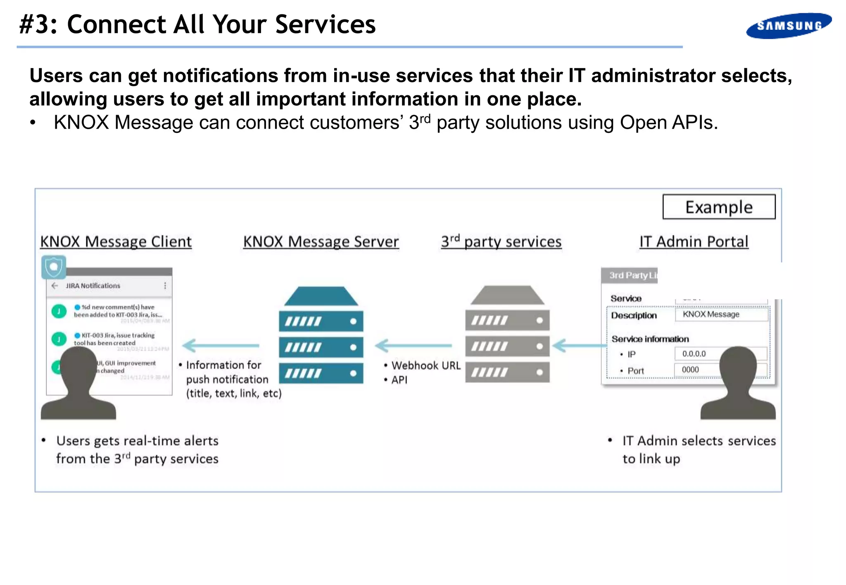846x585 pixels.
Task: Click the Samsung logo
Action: click(789, 26)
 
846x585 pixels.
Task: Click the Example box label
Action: click(719, 207)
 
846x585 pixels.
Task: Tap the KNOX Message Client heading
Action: click(116, 241)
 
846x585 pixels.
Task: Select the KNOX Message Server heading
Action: click(321, 241)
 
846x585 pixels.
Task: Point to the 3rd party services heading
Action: click(501, 241)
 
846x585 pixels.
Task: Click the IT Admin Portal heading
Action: click(694, 241)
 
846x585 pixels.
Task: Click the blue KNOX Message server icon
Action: click(321, 335)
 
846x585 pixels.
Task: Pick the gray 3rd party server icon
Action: click(507, 334)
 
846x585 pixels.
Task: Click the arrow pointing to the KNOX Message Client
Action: click(221, 345)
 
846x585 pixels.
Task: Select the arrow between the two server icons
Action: click(413, 345)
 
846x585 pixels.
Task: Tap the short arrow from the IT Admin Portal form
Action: click(578, 345)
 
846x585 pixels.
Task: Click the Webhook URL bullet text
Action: click(425, 366)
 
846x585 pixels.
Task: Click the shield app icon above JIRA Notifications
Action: click(54, 267)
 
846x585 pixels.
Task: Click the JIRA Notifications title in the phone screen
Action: click(93, 285)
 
